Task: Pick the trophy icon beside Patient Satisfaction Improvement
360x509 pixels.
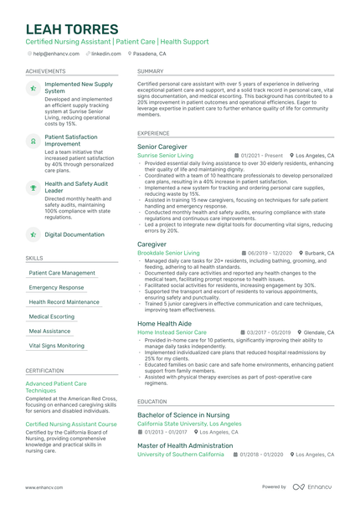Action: point(33,142)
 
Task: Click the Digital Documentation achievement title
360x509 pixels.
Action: point(75,234)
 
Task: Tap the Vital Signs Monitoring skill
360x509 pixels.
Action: point(57,345)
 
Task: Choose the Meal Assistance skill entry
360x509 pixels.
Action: point(50,331)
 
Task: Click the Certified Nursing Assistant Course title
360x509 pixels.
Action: point(71,424)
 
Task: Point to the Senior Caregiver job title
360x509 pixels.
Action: point(162,147)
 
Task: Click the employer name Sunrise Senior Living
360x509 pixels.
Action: point(165,156)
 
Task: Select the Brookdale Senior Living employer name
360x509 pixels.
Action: point(168,252)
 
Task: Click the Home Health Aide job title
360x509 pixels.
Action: point(164,323)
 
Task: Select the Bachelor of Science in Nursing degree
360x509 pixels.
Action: point(183,414)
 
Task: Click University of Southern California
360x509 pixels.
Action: point(180,454)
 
